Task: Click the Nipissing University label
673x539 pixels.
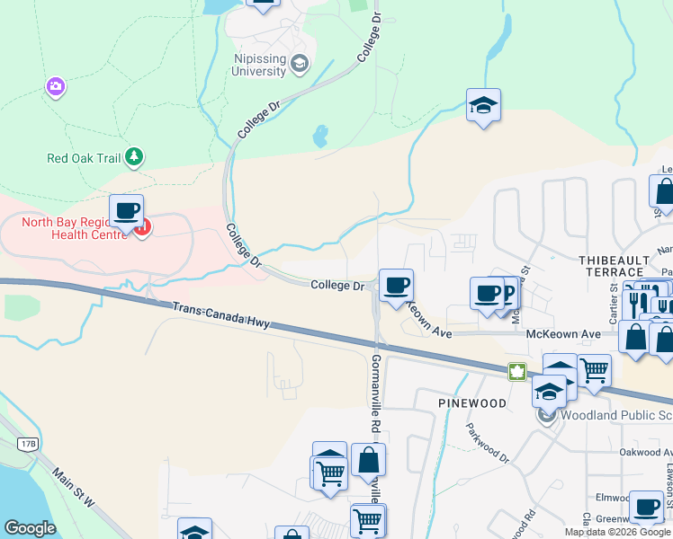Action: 259,65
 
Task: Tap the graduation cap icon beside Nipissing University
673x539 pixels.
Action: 300,65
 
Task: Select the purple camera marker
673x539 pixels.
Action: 56,86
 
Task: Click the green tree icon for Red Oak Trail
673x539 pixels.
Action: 134,157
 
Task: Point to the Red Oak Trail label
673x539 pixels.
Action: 84,158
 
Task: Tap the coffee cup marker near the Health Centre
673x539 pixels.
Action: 126,212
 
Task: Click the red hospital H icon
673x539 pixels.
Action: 144,227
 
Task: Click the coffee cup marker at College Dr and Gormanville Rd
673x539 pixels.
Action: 396,287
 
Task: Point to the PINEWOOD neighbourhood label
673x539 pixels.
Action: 472,403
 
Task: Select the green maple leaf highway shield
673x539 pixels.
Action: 517,371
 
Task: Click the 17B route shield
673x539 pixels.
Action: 28,443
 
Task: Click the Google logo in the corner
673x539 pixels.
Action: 30,528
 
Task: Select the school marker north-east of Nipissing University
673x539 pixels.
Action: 483,106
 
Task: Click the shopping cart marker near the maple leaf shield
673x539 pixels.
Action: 594,370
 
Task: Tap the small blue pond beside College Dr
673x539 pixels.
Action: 319,137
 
